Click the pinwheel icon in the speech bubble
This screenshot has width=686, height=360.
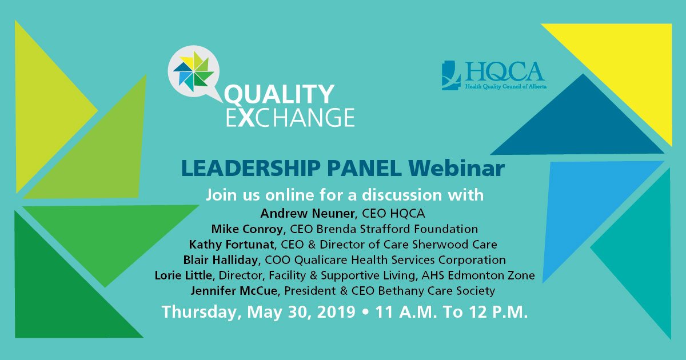coord(193,71)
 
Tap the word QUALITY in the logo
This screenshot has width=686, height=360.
coord(279,94)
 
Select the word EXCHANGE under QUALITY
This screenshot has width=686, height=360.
coord(290,117)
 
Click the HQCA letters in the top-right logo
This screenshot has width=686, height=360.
coord(504,71)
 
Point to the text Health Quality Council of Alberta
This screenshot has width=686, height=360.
coord(506,87)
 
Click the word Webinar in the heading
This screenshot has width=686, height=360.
coord(456,169)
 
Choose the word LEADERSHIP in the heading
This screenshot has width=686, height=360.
coord(251,169)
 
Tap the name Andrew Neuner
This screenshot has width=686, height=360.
coord(309,213)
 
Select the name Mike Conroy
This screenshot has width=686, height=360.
coord(248,229)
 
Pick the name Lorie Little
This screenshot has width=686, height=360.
coord(184,275)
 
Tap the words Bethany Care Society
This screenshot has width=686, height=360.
coord(436,291)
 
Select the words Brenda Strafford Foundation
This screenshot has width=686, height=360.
coord(397,229)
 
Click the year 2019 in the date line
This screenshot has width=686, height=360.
coord(336,312)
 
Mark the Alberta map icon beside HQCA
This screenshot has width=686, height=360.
coord(451,75)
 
